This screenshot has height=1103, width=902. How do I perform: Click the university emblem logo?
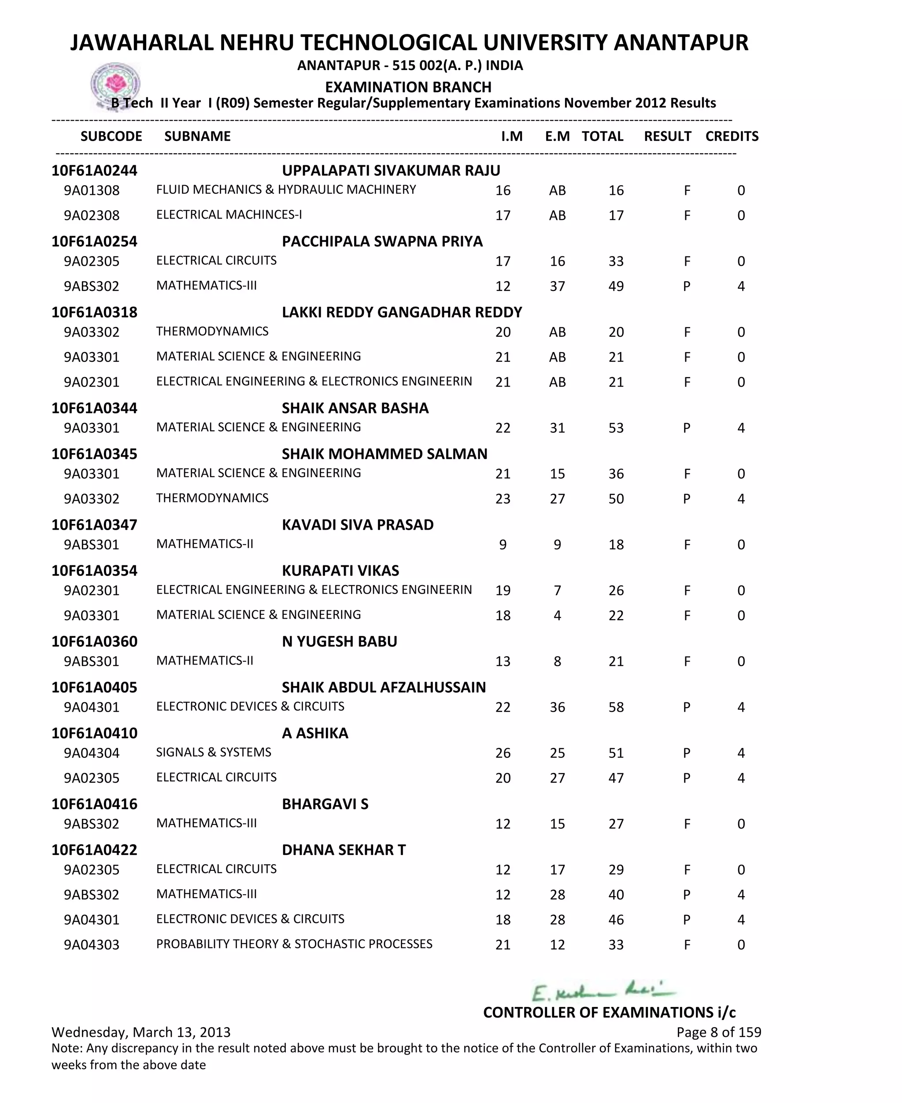[x=115, y=85]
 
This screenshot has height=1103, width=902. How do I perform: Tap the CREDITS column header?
[x=732, y=136]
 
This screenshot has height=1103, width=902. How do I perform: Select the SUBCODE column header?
[x=111, y=136]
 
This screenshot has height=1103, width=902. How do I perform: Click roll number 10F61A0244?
[x=95, y=171]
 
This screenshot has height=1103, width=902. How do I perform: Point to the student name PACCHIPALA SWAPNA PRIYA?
[x=382, y=241]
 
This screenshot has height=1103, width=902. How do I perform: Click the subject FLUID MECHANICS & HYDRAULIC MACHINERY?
[x=286, y=190]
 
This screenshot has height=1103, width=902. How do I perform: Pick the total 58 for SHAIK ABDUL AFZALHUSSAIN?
[x=616, y=707]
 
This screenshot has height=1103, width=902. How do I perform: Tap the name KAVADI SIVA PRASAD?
[x=358, y=524]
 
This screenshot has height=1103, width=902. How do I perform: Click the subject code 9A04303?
[x=92, y=944]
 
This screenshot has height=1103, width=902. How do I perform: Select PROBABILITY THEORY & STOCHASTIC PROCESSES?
[x=294, y=944]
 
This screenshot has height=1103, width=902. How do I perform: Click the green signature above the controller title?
[x=603, y=992]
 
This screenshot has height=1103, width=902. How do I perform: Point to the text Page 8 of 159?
[x=719, y=1032]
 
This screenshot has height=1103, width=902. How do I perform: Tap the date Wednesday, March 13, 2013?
[x=141, y=1032]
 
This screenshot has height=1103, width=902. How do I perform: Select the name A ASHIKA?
[x=315, y=733]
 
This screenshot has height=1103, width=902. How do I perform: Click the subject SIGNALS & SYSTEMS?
[x=214, y=752]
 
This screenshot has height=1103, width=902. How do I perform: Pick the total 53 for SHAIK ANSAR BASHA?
[x=616, y=428]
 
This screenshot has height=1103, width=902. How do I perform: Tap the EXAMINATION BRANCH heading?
[x=408, y=87]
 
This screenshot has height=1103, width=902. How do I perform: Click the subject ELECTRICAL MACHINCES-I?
[x=229, y=215]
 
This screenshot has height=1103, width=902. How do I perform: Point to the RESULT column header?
[x=667, y=136]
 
